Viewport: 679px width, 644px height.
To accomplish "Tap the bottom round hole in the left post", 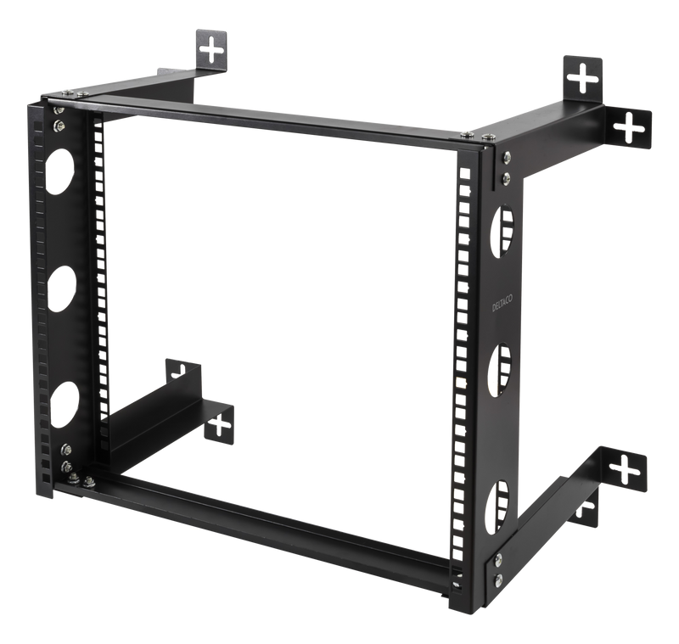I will coord(62,404).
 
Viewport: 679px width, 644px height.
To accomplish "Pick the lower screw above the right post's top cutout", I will coord(505,177).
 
